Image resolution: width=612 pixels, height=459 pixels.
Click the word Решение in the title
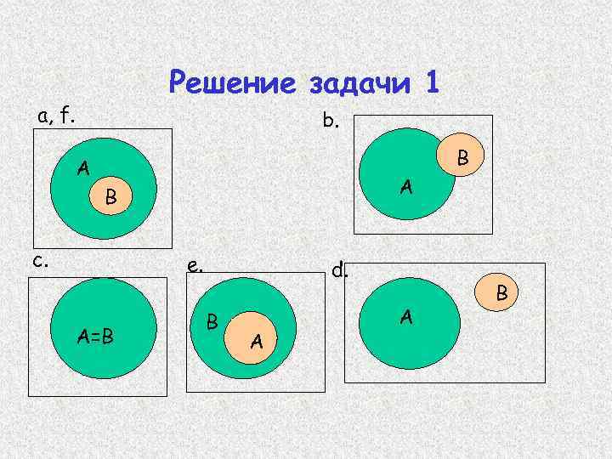point(230,82)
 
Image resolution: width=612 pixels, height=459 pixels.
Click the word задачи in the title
point(357,83)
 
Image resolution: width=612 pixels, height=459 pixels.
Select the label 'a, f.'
point(55,115)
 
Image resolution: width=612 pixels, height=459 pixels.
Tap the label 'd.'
point(340,270)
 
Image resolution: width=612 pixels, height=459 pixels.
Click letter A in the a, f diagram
point(82,167)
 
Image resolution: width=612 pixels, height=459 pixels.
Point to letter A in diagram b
point(407,184)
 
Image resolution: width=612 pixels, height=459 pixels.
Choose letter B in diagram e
point(214,322)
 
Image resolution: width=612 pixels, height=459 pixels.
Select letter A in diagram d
point(406,317)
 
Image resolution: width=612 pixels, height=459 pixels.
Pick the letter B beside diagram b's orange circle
point(462,157)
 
